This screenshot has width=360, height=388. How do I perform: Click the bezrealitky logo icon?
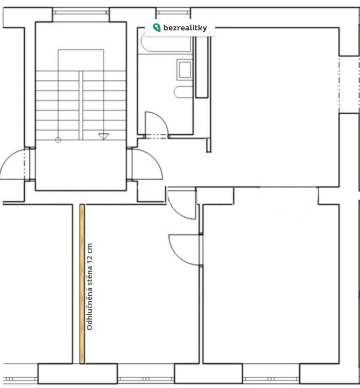click(x=156, y=27)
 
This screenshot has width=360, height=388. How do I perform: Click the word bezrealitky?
click(x=185, y=28)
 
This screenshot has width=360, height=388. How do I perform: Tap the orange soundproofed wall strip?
click(x=82, y=284)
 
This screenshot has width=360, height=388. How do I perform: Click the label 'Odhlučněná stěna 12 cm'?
click(x=89, y=287)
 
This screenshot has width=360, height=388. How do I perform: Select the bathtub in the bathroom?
click(x=166, y=43)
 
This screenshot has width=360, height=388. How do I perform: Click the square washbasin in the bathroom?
click(x=185, y=69)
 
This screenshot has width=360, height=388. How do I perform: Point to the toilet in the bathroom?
click(x=183, y=92)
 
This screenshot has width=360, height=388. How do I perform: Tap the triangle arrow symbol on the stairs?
click(x=103, y=136)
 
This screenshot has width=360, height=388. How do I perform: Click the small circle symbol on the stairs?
click(x=58, y=140)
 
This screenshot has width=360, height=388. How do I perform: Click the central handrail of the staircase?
click(x=81, y=105)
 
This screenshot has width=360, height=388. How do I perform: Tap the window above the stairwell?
click(x=81, y=12)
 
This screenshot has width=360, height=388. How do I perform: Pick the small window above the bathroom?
click(x=173, y=11)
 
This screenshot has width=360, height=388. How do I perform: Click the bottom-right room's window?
click(x=271, y=379)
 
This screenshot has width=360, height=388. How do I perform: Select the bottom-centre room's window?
click(x=146, y=379)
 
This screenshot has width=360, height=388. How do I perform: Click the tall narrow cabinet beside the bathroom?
click(x=202, y=67)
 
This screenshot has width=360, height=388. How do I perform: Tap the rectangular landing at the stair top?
click(x=81, y=60)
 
